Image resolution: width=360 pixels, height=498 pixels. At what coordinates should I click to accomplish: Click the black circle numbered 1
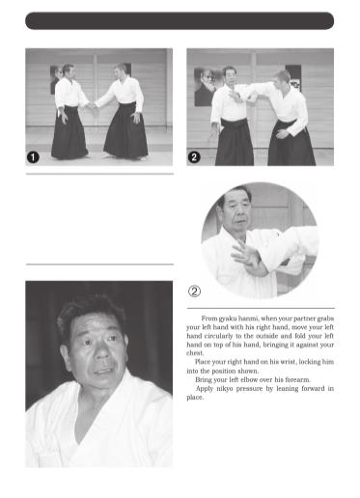(x=33, y=157)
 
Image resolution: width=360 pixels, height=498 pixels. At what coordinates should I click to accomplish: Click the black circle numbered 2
(x=194, y=157)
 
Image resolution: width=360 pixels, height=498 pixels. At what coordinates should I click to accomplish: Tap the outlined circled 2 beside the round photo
(x=194, y=291)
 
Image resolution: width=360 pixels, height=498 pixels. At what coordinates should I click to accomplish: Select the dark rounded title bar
(x=180, y=21)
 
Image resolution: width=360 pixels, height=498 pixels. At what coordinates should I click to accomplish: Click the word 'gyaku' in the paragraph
(x=228, y=318)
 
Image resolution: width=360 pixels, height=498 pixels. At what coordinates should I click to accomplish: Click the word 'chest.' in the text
(x=195, y=353)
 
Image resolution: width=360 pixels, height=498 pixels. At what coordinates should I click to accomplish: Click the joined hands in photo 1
(x=93, y=106)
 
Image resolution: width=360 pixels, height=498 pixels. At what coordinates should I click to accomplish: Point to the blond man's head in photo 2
(x=281, y=80)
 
